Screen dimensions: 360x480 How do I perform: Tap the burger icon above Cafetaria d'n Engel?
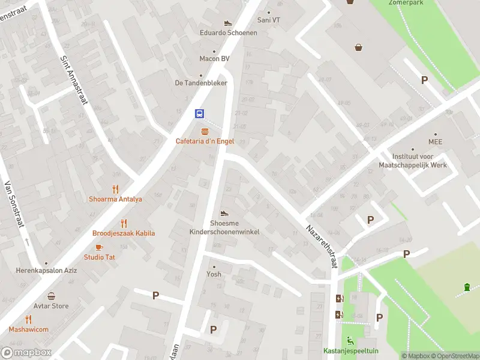[205, 131]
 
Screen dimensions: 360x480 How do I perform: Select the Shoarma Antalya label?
[115, 199]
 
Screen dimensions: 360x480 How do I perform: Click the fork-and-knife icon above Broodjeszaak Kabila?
[124, 223]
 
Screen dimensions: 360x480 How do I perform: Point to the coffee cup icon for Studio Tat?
[100, 247]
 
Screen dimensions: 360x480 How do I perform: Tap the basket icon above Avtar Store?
[52, 296]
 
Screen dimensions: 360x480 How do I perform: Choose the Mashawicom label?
[28, 329]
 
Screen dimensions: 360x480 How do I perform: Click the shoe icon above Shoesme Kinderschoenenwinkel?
[224, 213]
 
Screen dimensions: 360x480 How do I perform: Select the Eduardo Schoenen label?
[229, 32]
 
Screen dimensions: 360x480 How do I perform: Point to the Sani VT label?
[268, 20]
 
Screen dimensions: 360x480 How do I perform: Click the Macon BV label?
[214, 59]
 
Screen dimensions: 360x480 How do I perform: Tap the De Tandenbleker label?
[201, 83]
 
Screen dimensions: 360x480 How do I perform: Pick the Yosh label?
[214, 274]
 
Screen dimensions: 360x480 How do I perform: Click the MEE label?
[435, 142]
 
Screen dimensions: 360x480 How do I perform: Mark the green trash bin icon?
[467, 288]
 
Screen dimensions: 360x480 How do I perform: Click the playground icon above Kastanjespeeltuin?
[350, 341]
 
